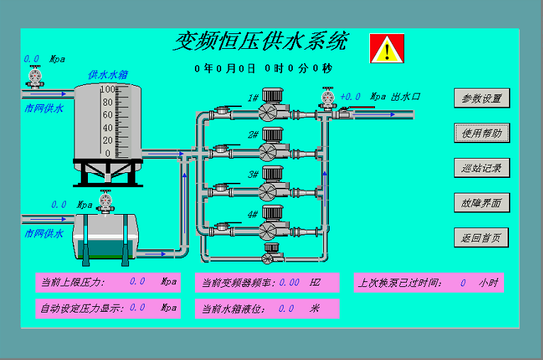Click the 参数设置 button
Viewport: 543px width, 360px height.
pos(482,99)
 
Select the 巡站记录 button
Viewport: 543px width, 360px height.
pos(482,168)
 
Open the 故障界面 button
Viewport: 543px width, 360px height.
pos(482,203)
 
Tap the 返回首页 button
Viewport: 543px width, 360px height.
pos(481,238)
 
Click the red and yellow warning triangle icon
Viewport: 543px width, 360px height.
pos(387,48)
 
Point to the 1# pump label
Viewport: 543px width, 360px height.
pos(253,98)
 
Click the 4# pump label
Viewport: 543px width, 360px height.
pos(253,215)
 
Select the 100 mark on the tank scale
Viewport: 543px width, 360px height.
pos(108,89)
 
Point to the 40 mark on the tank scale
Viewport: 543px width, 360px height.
pos(108,128)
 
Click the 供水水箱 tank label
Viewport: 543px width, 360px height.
pos(108,75)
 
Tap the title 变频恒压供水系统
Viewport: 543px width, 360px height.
pos(261,41)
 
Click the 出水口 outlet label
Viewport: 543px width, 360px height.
pos(405,96)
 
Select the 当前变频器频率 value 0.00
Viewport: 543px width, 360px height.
pos(289,283)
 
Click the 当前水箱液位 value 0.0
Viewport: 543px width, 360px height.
pos(286,308)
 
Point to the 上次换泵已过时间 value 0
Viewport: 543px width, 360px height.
pos(463,283)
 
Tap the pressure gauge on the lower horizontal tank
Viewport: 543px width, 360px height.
pos(106,201)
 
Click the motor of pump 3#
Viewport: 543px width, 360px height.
pos(272,174)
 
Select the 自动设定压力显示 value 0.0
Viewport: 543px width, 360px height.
pos(137,308)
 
